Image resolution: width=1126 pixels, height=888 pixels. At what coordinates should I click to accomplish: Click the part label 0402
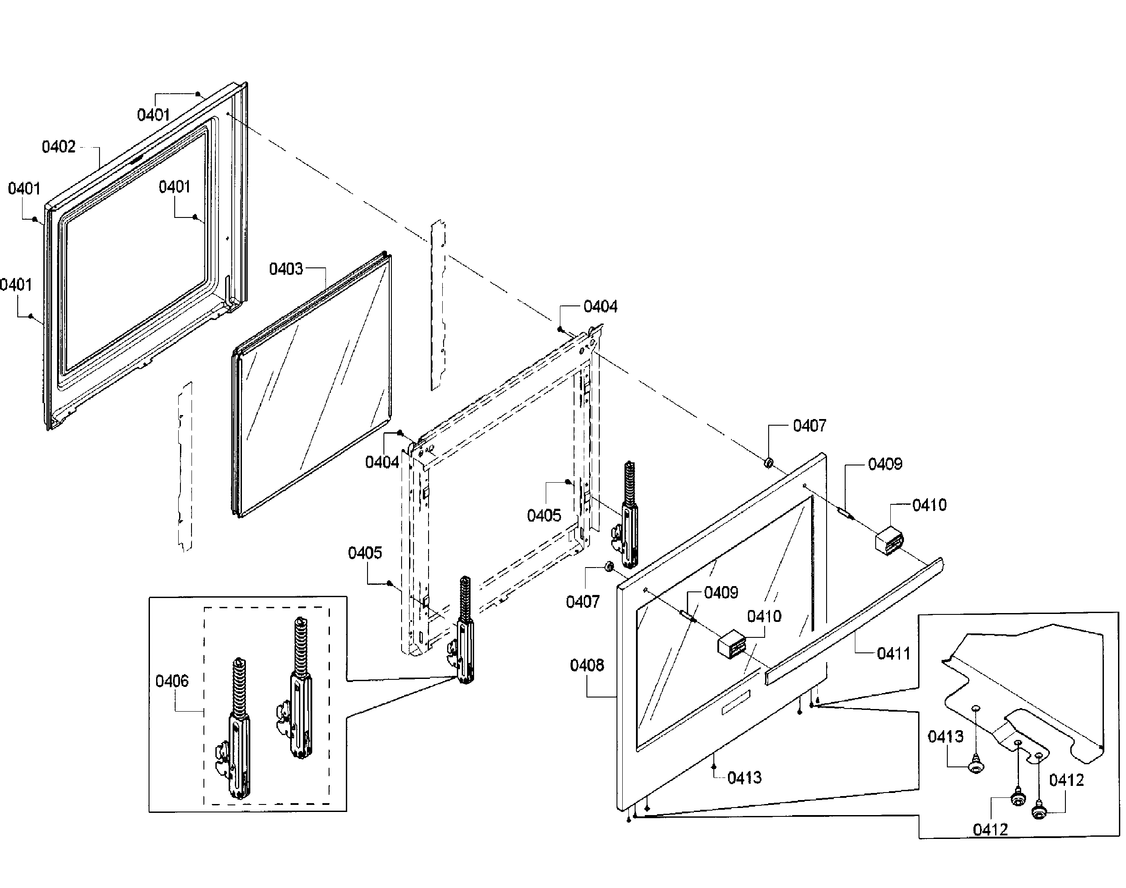tap(58, 147)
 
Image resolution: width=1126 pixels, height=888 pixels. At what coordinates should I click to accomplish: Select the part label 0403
tap(286, 269)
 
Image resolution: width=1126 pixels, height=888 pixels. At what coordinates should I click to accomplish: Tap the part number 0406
tap(172, 681)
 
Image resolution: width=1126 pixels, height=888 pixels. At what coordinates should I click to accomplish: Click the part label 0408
tap(587, 666)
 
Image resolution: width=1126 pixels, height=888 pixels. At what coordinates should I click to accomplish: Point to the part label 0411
tap(893, 654)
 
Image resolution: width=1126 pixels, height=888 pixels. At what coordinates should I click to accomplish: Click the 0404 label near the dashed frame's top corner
tap(600, 307)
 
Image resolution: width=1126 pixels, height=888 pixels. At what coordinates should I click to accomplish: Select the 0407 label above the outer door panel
tap(809, 426)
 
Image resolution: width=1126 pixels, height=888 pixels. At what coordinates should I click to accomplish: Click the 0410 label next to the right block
tap(929, 505)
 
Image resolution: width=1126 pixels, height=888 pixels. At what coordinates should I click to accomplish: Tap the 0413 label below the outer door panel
tap(744, 778)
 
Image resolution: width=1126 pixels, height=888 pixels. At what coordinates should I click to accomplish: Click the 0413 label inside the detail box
tap(946, 736)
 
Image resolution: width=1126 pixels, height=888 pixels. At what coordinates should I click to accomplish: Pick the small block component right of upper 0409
tap(889, 541)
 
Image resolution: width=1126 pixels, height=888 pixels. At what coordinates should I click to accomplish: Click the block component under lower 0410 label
tap(731, 645)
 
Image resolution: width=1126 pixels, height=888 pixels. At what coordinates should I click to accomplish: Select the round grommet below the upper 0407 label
tap(768, 462)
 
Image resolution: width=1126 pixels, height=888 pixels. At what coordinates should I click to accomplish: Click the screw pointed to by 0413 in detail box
tap(976, 767)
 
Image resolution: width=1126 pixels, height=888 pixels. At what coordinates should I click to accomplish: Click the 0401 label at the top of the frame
tap(153, 115)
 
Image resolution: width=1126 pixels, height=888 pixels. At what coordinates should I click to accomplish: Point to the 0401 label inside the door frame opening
tap(174, 187)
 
